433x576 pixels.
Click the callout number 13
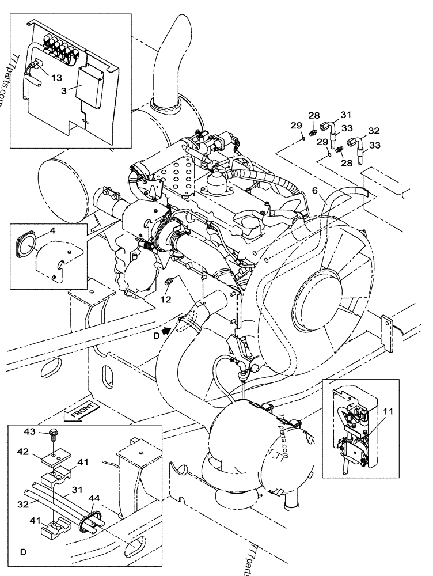56,78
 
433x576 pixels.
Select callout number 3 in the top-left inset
64,90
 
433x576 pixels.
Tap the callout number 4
52,231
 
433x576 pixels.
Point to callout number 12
166,300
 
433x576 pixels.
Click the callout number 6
315,190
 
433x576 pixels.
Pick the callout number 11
388,411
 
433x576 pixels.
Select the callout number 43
30,431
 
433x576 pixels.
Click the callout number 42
23,452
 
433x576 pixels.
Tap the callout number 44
94,498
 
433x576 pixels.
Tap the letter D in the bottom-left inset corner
24,552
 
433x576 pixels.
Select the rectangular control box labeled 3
90,87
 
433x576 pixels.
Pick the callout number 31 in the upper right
346,115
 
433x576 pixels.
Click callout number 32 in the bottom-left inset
23,505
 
